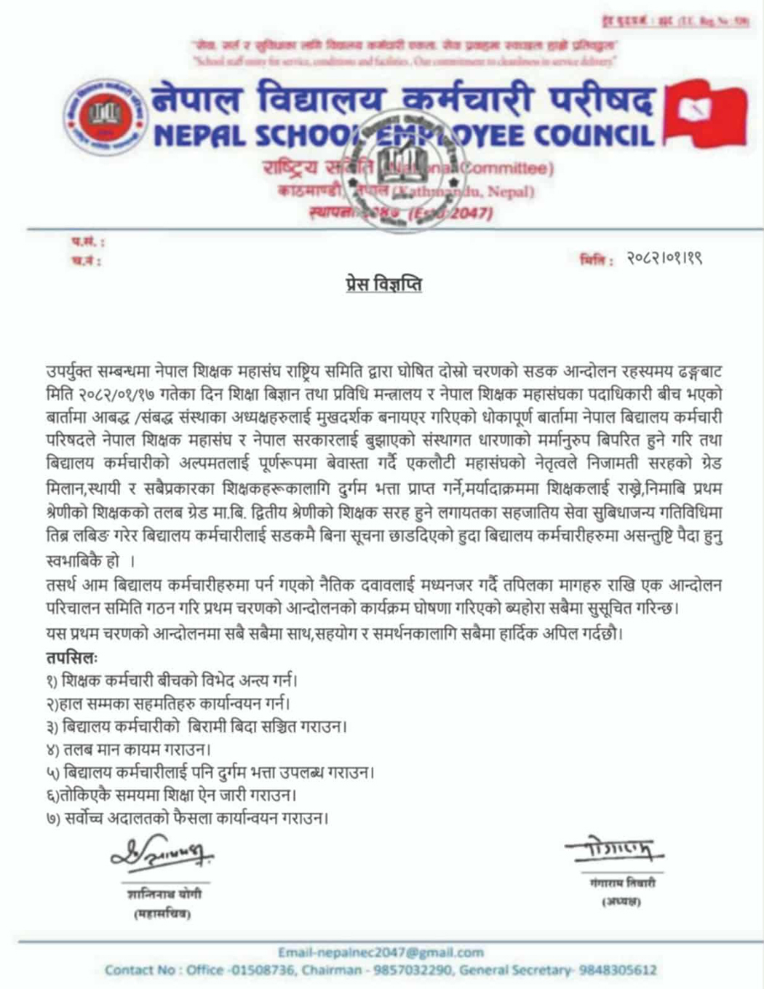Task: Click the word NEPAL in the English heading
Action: tap(196, 135)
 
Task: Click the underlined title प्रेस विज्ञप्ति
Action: tap(383, 284)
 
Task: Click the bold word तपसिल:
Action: tap(71, 658)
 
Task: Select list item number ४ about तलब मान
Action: tap(128, 749)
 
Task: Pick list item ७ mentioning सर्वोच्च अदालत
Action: tap(186, 818)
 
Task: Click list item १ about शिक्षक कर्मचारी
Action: tap(171, 681)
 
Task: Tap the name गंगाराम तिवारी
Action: tap(622, 883)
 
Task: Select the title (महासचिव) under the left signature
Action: tap(162, 914)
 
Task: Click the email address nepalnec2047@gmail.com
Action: tap(381, 952)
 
